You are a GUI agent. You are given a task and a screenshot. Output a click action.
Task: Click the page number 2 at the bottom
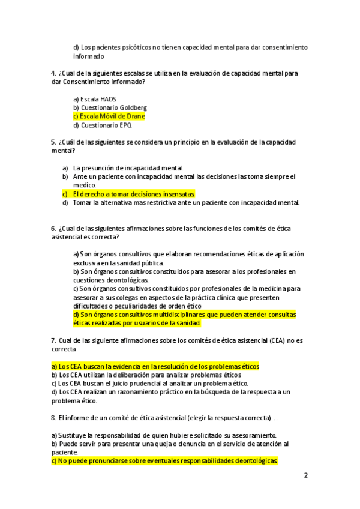306,475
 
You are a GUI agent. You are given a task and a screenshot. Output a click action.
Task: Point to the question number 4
53,73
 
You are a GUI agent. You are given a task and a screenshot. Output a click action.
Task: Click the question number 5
53,142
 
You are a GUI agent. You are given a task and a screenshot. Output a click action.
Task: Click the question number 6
53,229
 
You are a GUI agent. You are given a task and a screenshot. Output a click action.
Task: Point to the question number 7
53,340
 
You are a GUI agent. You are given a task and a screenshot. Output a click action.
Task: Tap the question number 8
53,417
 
